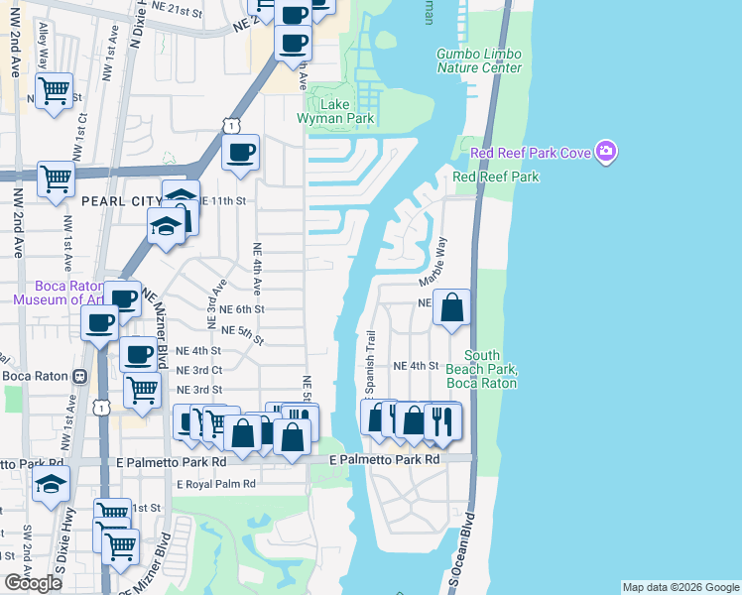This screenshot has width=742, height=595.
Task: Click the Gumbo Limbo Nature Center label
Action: pyautogui.click(x=479, y=60)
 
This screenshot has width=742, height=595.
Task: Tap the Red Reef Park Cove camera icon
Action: pyautogui.click(x=606, y=152)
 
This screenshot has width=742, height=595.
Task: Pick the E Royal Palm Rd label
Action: pyautogui.click(x=216, y=484)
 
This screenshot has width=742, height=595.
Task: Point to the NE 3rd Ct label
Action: pyautogui.click(x=197, y=370)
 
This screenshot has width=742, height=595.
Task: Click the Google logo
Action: pyautogui.click(x=33, y=583)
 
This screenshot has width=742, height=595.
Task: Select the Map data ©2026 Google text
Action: pyautogui.click(x=680, y=587)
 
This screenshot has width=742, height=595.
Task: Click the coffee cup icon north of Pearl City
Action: pyautogui.click(x=241, y=152)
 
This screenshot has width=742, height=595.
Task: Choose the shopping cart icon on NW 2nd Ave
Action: pyautogui.click(x=56, y=179)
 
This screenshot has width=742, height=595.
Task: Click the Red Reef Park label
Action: pyautogui.click(x=496, y=177)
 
